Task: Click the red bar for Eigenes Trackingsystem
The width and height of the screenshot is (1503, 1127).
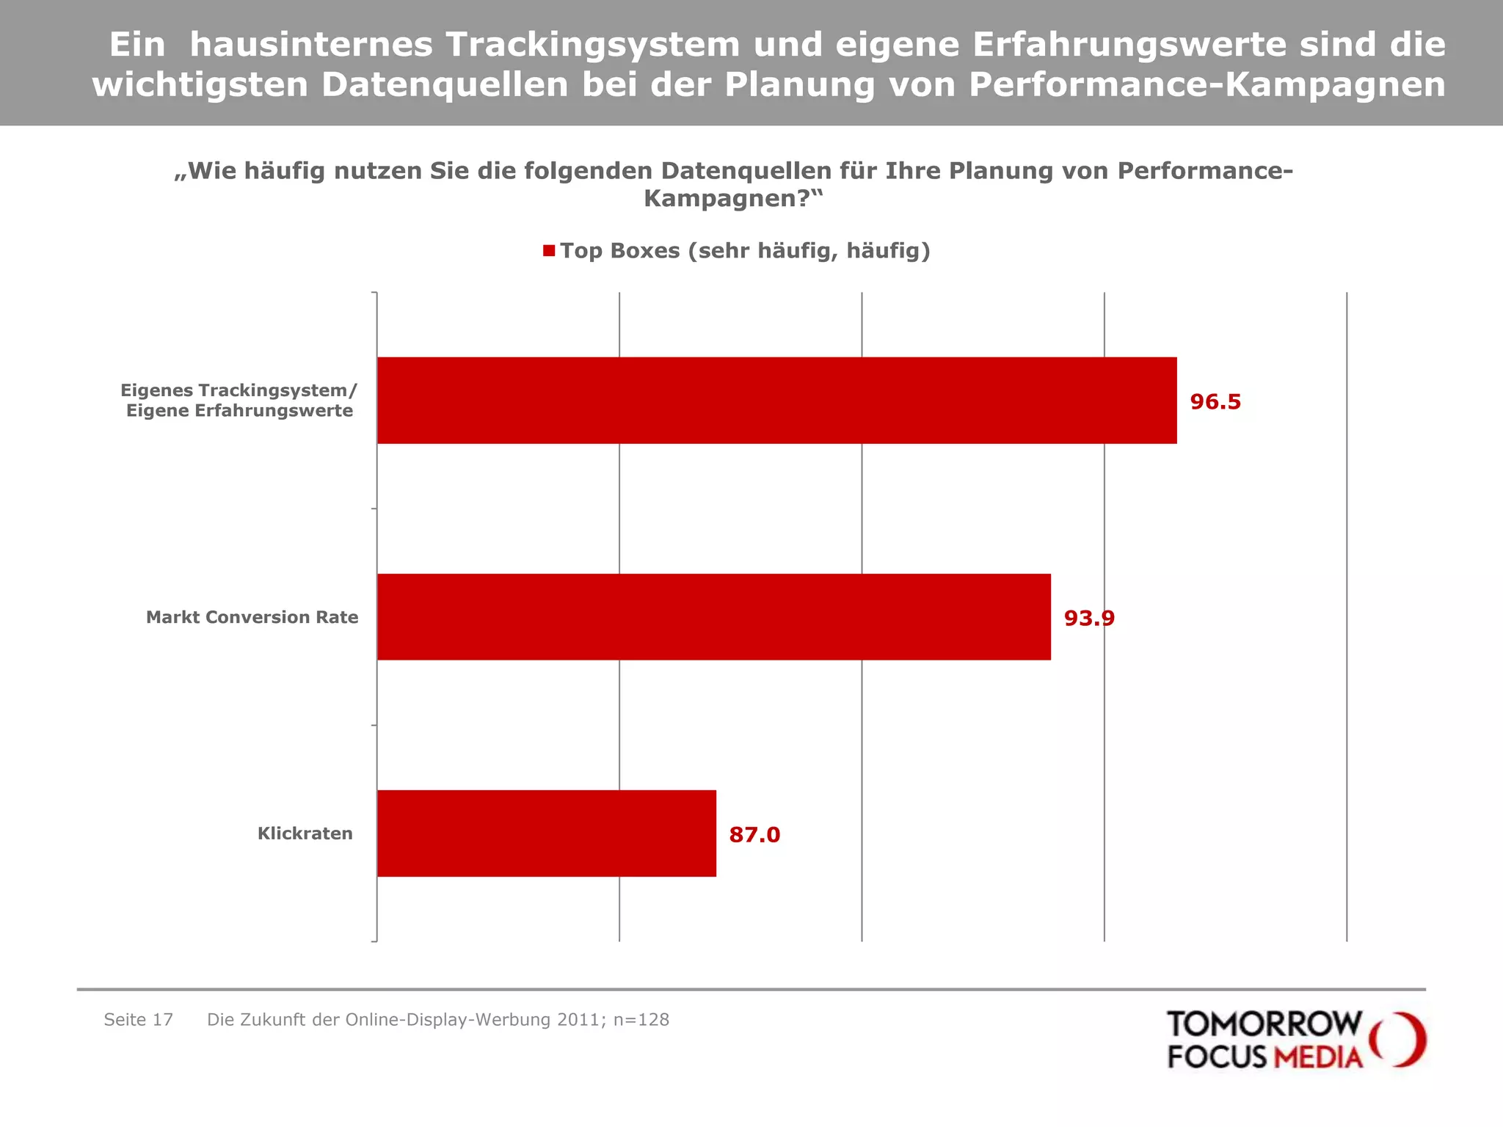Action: [776, 401]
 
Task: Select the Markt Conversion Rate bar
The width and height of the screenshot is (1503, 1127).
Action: [713, 617]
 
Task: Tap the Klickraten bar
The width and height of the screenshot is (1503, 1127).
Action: [546, 834]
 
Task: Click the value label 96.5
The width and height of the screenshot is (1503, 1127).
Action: [1215, 402]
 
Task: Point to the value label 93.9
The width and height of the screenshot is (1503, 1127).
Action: [1089, 619]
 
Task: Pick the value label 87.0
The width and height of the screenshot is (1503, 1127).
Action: [754, 835]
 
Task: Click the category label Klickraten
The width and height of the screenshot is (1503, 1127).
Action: [305, 834]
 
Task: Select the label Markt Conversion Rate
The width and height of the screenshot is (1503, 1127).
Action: [252, 617]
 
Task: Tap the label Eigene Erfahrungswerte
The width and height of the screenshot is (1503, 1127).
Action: [239, 411]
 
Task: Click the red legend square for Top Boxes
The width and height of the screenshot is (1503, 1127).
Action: [549, 251]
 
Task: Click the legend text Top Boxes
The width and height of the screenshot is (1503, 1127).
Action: [745, 251]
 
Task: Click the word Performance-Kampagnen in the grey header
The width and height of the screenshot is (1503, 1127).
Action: [1207, 84]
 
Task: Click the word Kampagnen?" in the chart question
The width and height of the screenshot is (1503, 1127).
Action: [733, 199]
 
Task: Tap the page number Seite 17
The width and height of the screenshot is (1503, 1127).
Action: [138, 1020]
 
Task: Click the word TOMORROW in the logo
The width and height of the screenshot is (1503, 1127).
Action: [1264, 1024]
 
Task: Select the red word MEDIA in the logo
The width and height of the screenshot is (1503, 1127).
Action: [1318, 1057]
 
